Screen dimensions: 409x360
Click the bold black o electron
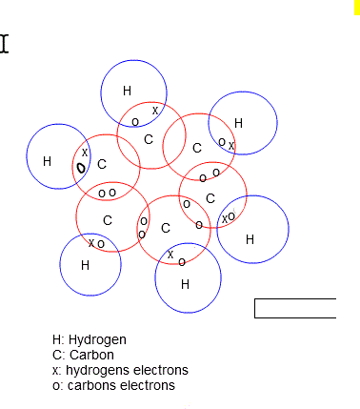coord(81,168)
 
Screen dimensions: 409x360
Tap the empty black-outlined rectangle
coord(295,308)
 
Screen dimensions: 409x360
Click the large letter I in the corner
coord(5,44)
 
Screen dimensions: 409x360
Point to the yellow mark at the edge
coord(357,7)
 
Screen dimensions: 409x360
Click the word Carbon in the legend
coord(91,355)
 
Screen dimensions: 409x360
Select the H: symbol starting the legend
coord(58,339)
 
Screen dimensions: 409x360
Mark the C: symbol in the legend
coord(59,355)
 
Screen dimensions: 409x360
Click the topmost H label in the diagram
coord(127,91)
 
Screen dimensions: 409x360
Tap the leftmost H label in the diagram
coord(47,161)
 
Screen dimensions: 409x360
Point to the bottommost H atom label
coord(185,283)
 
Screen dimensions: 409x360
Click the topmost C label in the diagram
coord(148,139)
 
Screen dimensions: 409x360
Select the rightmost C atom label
coord(210,198)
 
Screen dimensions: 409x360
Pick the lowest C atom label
coord(166,228)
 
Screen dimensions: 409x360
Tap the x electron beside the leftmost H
coord(85,152)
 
